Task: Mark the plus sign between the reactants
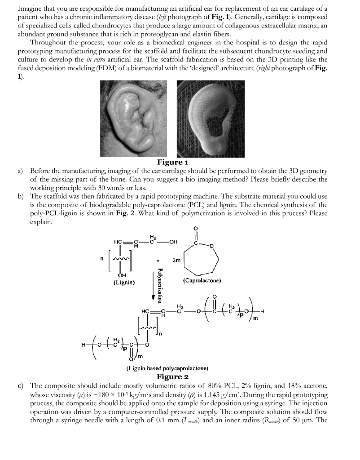coord(157,260)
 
